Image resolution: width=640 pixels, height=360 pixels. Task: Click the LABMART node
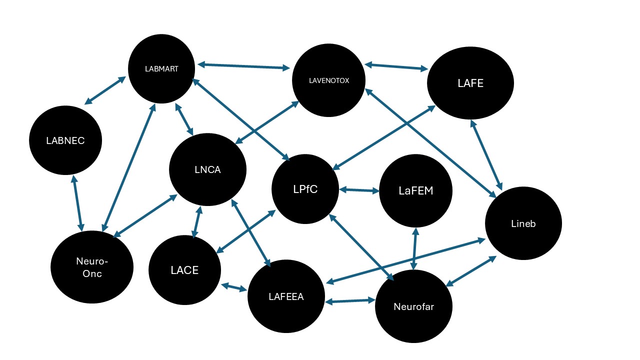(161, 68)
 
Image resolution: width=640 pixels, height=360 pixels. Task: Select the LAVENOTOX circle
(328, 80)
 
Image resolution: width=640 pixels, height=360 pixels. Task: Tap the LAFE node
(470, 83)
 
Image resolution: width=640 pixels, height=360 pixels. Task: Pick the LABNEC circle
(65, 141)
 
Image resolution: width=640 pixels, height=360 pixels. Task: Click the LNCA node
(207, 169)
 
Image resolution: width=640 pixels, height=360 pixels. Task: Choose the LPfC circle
(305, 189)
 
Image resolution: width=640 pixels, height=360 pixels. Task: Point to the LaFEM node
(415, 190)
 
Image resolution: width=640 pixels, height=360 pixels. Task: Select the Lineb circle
(523, 223)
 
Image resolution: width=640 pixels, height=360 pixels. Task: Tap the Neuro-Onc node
(92, 267)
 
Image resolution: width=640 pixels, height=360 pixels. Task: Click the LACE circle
(184, 270)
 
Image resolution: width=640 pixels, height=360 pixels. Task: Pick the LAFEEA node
(286, 296)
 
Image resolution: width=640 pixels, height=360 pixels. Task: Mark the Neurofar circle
(413, 306)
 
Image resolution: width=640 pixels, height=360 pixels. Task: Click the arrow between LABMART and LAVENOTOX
(244, 66)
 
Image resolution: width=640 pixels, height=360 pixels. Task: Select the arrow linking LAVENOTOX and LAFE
(396, 66)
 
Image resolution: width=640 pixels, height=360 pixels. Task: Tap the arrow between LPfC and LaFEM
(359, 190)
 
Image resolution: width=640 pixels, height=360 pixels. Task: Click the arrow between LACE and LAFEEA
(234, 287)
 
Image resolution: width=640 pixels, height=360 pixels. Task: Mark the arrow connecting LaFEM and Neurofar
(414, 248)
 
